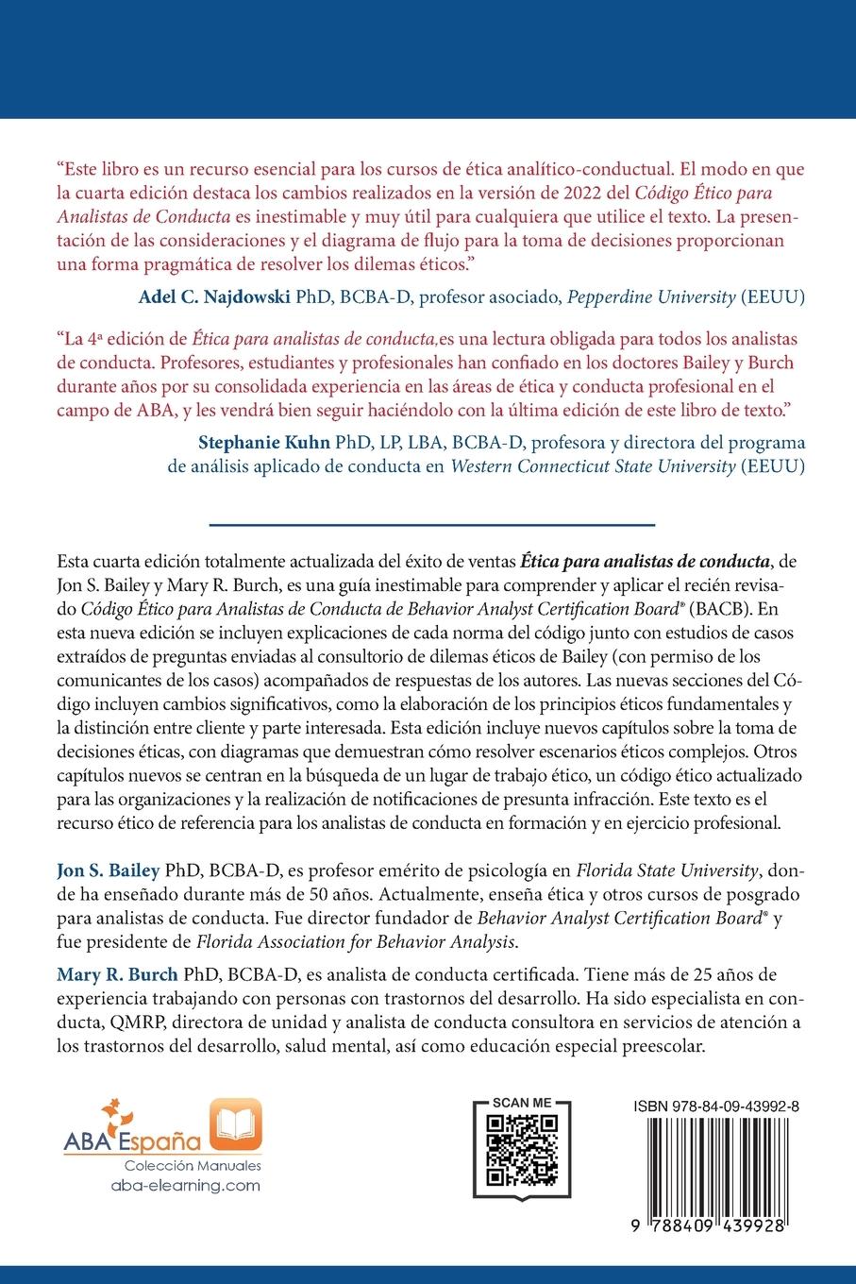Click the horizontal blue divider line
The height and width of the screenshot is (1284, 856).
430,524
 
